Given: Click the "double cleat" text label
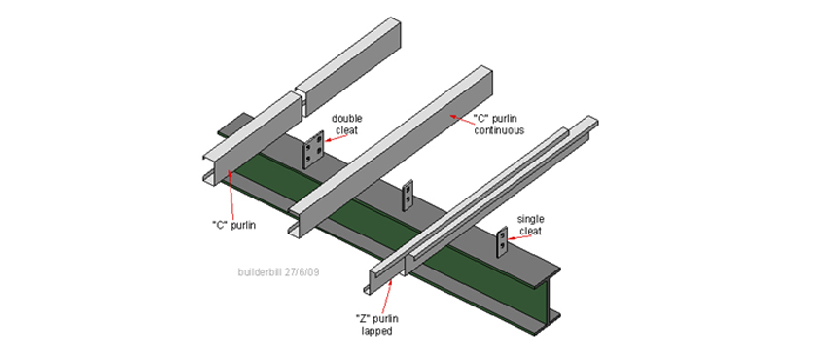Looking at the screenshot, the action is point(346,124).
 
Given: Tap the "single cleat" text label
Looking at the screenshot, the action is point(529,224).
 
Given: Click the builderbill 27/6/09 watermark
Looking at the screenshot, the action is point(278,271).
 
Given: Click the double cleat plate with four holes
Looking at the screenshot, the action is point(314,151).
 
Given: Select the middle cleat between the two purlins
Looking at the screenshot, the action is point(408,196).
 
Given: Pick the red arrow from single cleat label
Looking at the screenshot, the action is point(520,236).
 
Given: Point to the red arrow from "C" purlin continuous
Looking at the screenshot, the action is point(462,119).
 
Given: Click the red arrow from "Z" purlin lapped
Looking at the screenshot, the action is point(389,295).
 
